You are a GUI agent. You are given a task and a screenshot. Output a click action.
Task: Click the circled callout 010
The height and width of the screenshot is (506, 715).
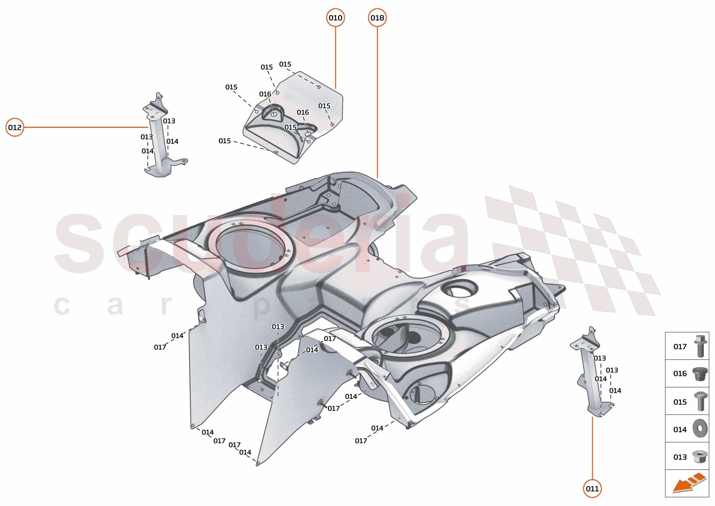[335, 18]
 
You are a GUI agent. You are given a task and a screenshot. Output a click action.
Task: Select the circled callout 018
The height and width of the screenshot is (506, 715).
[377, 18]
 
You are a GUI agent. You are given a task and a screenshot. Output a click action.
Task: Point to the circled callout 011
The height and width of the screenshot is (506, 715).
[592, 489]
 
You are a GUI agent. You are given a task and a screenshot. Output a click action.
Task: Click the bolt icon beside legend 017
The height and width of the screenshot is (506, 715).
[700, 346]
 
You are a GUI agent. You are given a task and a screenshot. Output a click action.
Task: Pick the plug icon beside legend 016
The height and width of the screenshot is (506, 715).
[700, 373]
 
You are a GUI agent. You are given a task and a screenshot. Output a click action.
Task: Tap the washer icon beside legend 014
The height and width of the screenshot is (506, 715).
[700, 428]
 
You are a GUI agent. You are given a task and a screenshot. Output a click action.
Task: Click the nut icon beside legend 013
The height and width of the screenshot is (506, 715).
[700, 457]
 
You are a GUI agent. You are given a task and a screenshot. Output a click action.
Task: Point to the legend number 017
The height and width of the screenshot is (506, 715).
[680, 346]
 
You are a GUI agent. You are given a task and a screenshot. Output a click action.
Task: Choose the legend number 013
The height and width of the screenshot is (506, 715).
[680, 457]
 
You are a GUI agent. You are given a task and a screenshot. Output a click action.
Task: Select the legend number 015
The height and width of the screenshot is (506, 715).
[680, 402]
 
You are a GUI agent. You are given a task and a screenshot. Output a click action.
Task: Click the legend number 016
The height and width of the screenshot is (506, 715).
[680, 374]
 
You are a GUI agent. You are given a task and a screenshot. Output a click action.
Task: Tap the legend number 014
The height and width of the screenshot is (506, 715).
[680, 430]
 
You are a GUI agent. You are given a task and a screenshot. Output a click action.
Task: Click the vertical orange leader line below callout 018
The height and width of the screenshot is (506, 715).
[377, 103]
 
